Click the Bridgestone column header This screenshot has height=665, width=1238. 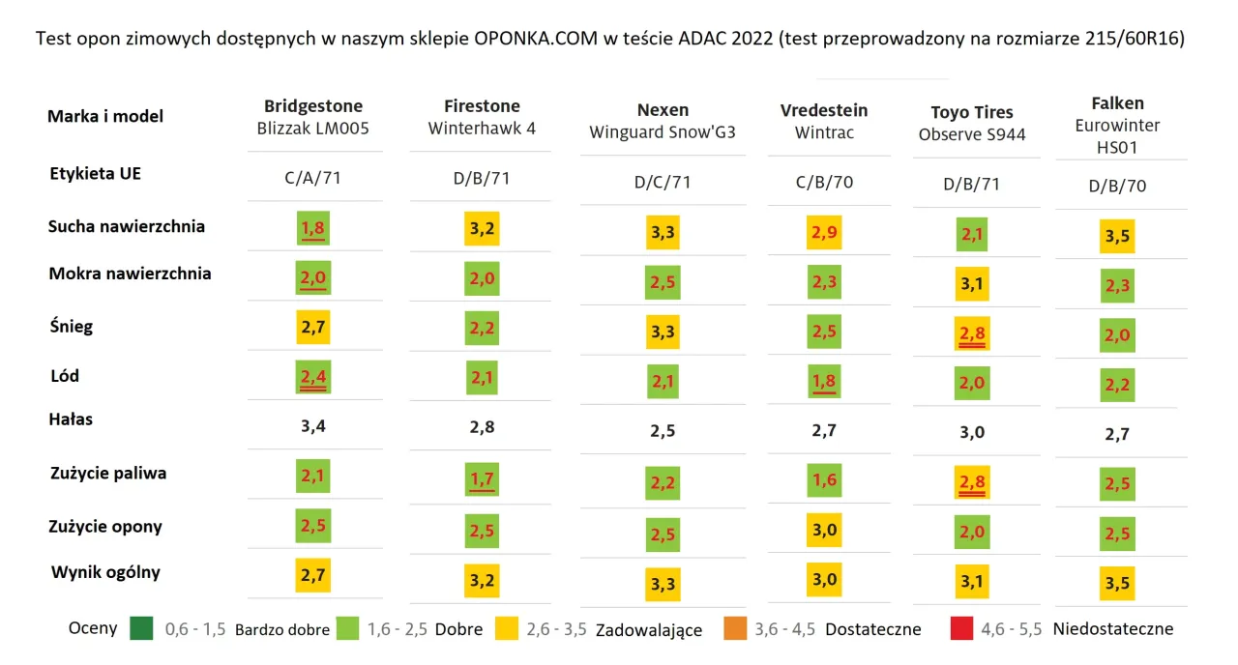pyautogui.click(x=313, y=105)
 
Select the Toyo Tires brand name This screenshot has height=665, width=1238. pyautogui.click(x=972, y=112)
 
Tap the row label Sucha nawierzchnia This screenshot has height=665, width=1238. pyautogui.click(x=127, y=226)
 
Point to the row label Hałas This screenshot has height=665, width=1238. pyautogui.click(x=72, y=419)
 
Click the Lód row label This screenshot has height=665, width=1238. pyautogui.click(x=64, y=375)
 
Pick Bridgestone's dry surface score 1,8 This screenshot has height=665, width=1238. pyautogui.click(x=312, y=229)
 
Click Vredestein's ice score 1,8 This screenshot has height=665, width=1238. pyautogui.click(x=824, y=381)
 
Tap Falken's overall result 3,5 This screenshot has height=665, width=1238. pyautogui.click(x=1117, y=584)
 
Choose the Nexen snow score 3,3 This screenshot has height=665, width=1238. pyautogui.click(x=663, y=332)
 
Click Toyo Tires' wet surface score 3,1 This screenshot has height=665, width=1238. pyautogui.click(x=972, y=284)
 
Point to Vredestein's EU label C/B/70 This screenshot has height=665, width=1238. pyautogui.click(x=824, y=181)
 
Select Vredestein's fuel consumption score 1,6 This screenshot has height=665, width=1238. pyautogui.click(x=824, y=480)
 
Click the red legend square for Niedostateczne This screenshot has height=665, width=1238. pyautogui.click(x=960, y=628)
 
